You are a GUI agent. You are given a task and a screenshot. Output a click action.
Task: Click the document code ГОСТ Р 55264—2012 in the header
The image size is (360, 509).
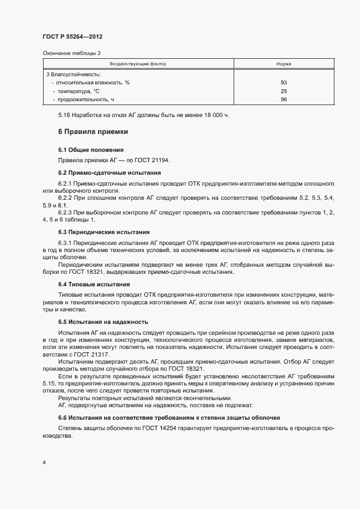pos(72,36)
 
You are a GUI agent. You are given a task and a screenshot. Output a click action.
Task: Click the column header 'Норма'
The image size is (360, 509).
pos(283,64)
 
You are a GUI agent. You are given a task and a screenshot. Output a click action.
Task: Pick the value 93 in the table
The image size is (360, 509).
pos(283,83)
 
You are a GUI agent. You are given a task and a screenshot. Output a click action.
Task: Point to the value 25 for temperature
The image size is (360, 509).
pos(283,91)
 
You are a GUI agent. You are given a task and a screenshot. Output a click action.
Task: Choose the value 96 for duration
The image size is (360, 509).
pos(283,100)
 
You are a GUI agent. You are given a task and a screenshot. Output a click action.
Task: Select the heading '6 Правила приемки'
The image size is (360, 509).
pos(93,132)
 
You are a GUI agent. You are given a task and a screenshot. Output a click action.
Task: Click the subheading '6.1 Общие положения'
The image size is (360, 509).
pos(90,150)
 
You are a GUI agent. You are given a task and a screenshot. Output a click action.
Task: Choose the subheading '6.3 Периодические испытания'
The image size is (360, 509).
pos(103,231)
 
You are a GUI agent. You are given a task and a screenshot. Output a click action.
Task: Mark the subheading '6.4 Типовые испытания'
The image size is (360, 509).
pos(94,284)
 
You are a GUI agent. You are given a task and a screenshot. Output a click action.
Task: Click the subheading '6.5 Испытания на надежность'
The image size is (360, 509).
pos(103,322)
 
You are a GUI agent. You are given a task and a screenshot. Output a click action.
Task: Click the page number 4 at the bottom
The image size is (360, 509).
pos(44,463)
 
